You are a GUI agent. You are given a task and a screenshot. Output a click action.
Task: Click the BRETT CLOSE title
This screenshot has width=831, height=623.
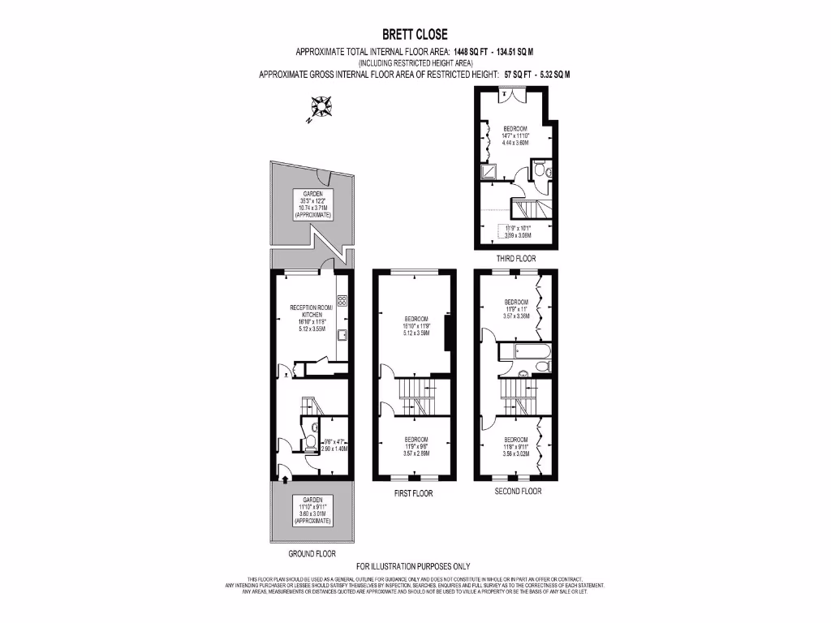[415, 34]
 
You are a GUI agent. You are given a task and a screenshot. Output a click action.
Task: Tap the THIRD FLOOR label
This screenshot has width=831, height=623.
[516, 259]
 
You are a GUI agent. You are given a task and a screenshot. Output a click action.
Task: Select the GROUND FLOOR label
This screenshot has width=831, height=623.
[312, 554]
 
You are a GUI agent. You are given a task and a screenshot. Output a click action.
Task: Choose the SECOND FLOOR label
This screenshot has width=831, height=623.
[518, 491]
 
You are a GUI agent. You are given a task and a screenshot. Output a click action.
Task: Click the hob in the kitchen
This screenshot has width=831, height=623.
[342, 301]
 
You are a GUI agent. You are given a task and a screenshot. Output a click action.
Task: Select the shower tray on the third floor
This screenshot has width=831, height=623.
[491, 171]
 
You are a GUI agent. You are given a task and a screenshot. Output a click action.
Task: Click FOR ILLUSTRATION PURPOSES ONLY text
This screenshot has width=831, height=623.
[414, 566]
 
